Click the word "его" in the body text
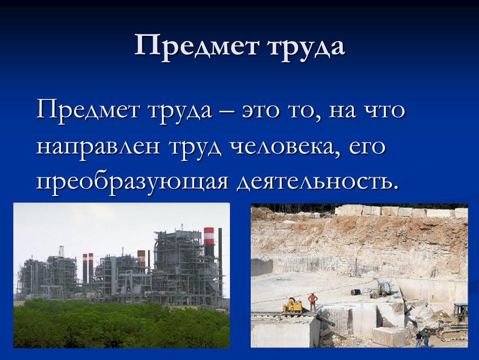368,146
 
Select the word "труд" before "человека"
194,146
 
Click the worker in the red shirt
313,301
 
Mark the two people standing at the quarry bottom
423,338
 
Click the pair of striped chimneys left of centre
88,267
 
